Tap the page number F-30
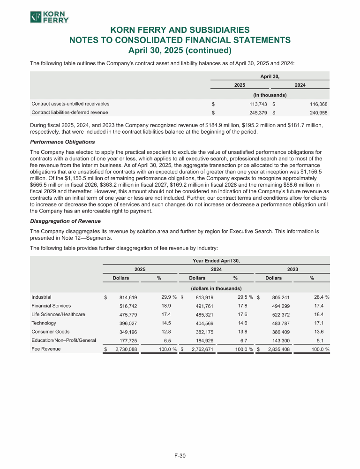point(180,454)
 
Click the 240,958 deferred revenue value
point(318,113)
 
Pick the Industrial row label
point(41,297)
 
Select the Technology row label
point(44,323)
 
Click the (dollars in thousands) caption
point(217,288)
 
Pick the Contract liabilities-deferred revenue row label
point(69,113)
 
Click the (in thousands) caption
point(270,95)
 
